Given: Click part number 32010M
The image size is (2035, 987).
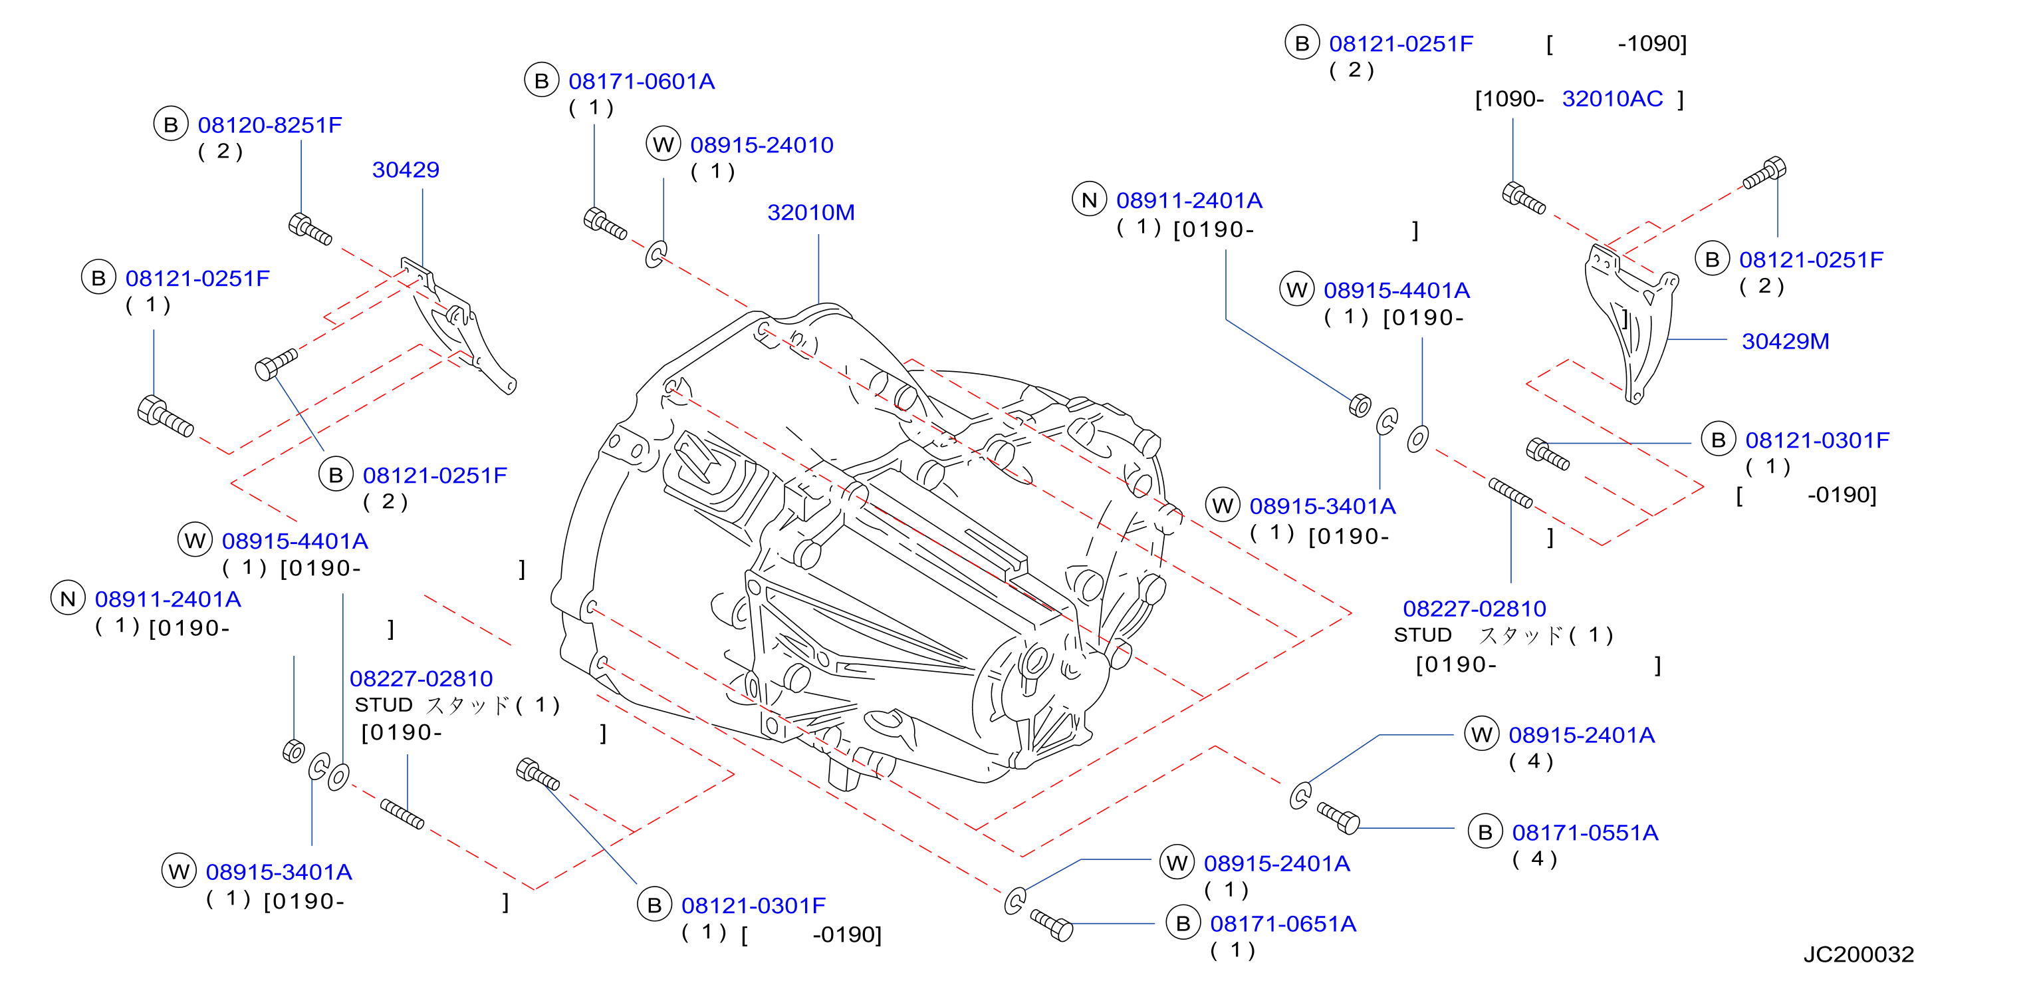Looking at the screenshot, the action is click(810, 213).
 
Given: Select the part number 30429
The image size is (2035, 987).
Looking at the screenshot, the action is click(406, 170).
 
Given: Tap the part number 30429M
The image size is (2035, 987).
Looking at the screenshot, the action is click(1786, 341).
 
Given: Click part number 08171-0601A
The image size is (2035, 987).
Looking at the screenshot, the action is click(642, 81).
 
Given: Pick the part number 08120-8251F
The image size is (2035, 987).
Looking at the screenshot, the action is click(269, 125).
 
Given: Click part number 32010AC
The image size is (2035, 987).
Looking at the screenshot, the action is click(1612, 99).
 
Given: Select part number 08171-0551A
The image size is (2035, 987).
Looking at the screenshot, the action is click(1585, 833).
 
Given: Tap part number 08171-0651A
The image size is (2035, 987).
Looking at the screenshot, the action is click(1283, 924).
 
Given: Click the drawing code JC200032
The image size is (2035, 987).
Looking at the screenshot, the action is click(1858, 954).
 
